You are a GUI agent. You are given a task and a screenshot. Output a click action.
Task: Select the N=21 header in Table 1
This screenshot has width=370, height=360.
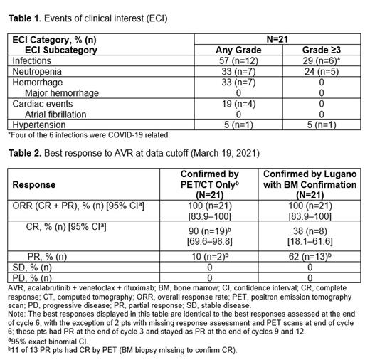(267, 39)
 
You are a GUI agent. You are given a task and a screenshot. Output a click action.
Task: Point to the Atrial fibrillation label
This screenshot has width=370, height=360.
(60, 114)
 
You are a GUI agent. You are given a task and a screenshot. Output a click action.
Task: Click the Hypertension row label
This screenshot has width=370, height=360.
(40, 125)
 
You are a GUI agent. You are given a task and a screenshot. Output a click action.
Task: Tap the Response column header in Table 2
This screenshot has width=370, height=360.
(33, 184)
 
